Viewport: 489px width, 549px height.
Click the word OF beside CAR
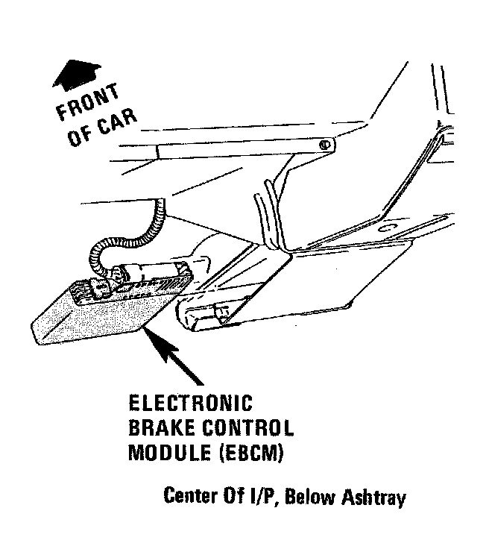pos(78,139)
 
